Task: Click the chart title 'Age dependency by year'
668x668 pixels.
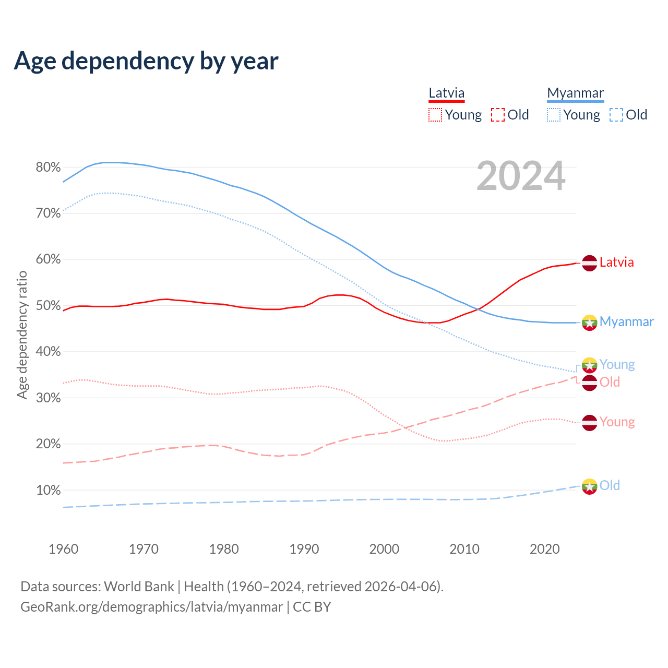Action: tap(146, 61)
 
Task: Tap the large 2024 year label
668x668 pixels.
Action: tap(521, 176)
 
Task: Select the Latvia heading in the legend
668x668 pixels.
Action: tap(446, 93)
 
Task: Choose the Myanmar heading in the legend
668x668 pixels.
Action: tap(575, 93)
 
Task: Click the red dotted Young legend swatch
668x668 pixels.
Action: tap(435, 115)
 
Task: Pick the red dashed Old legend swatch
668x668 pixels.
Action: tap(497, 115)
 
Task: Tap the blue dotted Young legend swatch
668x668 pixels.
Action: tap(554, 115)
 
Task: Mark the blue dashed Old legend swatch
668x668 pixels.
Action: tap(616, 115)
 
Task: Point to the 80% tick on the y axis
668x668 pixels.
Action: tap(48, 168)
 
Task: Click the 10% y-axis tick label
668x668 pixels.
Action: tap(48, 490)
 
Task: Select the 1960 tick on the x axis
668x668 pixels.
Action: tap(63, 549)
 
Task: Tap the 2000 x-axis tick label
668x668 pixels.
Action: tap(384, 549)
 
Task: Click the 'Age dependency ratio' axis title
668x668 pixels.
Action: tap(22, 335)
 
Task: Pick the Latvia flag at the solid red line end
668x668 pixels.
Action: tap(589, 263)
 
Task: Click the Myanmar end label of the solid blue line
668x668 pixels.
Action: tap(626, 321)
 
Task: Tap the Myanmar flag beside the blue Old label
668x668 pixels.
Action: tap(589, 486)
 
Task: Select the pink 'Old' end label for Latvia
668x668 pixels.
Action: tap(610, 382)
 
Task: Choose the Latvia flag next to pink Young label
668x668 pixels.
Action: tap(589, 422)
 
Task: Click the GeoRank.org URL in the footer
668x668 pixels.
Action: tap(151, 607)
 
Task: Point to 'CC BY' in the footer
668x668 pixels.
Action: tap(312, 607)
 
